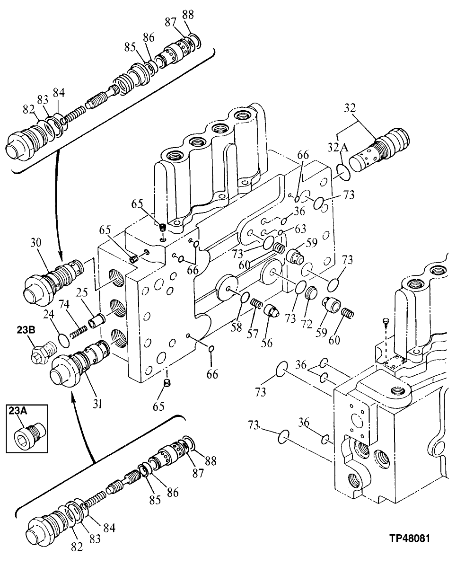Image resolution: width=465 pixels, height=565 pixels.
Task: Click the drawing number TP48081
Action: (x=410, y=538)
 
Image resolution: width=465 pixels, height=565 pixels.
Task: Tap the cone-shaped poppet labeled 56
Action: (x=271, y=312)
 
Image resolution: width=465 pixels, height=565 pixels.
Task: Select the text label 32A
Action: (x=339, y=148)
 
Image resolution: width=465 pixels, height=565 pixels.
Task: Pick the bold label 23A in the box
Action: (x=17, y=412)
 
